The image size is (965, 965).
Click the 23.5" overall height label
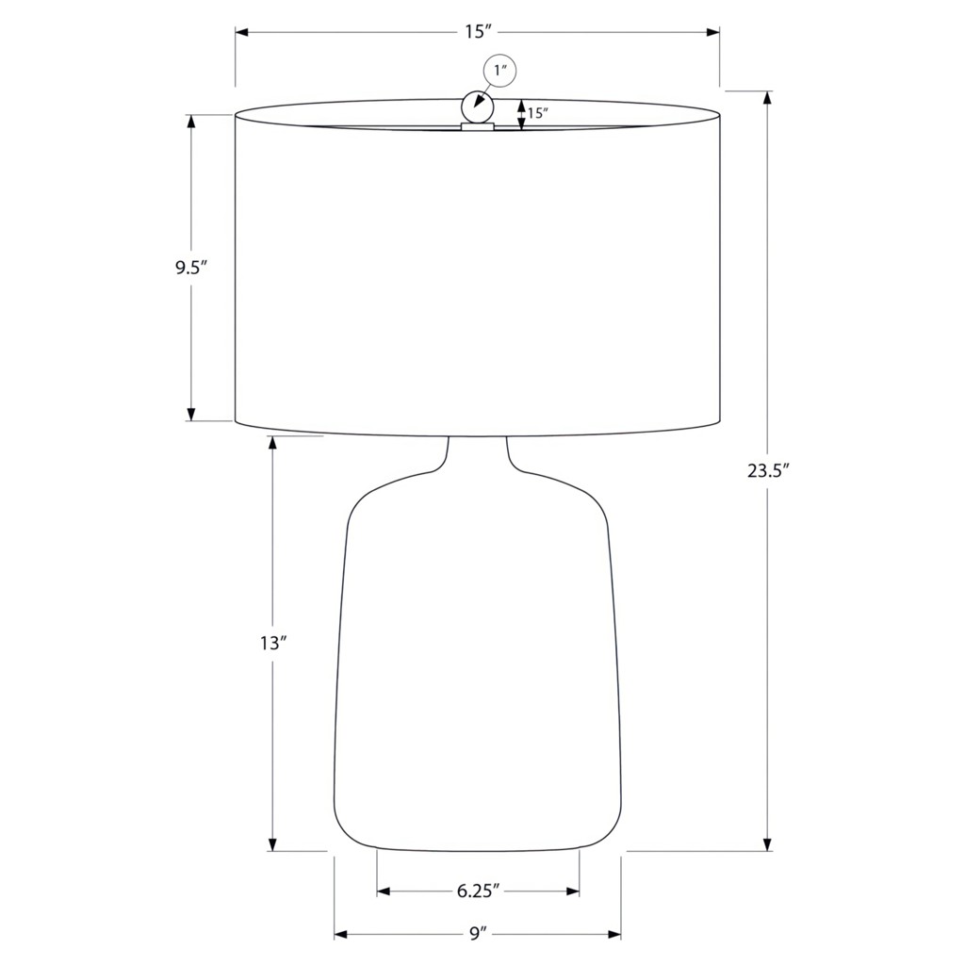click(x=767, y=471)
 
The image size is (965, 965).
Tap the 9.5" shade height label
click(x=190, y=268)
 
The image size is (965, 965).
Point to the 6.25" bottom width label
click(x=478, y=891)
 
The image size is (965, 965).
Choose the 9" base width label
click(x=478, y=934)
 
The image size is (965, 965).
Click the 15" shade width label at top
click(x=476, y=32)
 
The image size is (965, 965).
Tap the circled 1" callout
click(x=499, y=70)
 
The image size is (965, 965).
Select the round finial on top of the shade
click(x=478, y=107)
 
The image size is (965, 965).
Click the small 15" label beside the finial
click(x=537, y=113)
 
